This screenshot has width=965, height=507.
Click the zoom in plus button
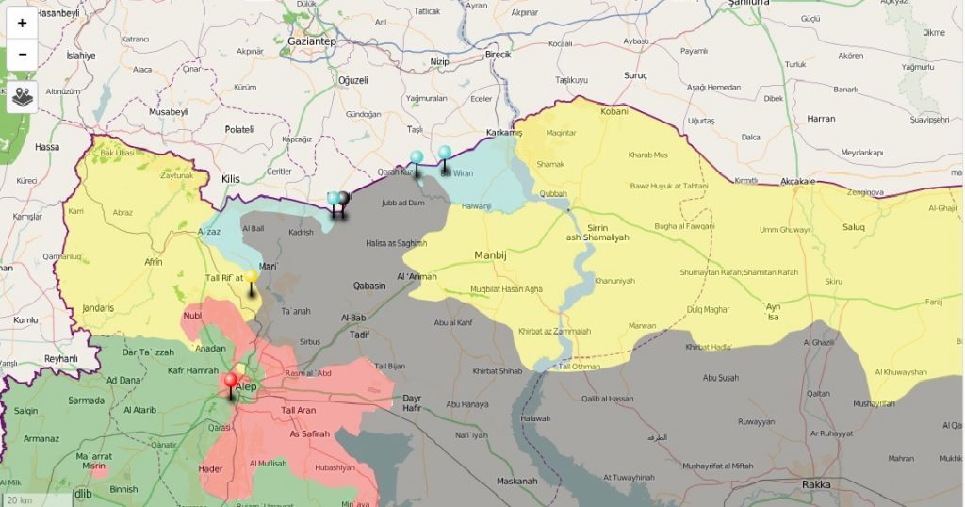click(22, 23)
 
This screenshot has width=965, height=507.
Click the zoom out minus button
click(22, 55)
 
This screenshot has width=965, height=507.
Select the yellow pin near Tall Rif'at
click(251, 279)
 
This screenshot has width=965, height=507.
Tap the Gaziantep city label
click(312, 42)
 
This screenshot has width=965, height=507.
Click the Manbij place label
click(491, 254)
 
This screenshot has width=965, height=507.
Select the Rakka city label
click(816, 484)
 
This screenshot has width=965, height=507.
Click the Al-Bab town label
click(353, 318)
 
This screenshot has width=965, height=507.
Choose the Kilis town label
click(231, 178)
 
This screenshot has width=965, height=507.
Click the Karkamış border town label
click(503, 133)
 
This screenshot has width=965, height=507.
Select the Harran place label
click(821, 119)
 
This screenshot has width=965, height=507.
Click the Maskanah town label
click(517, 482)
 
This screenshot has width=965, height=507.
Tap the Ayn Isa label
click(774, 312)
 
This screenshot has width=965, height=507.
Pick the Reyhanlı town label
click(60, 358)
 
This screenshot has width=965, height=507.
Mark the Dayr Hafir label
click(412, 403)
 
